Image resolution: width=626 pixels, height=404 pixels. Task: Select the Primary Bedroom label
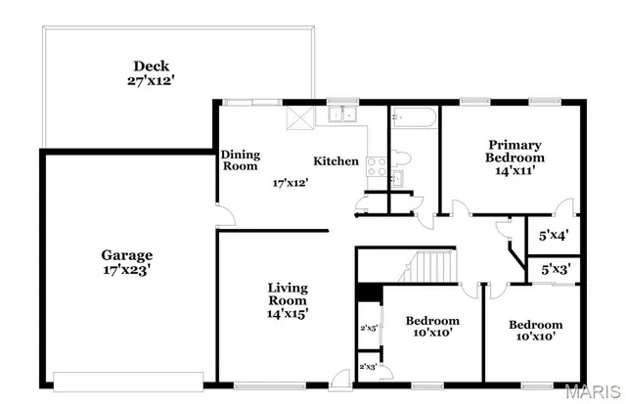point(514,157)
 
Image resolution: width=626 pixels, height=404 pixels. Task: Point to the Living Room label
point(289,300)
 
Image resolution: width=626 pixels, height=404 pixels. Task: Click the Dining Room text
point(240,160)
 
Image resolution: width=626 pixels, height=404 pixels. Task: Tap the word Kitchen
point(335,161)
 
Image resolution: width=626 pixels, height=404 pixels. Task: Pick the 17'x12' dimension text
point(291,182)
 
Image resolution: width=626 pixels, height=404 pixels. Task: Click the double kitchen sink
point(342,115)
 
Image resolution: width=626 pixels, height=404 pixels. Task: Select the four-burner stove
point(376,168)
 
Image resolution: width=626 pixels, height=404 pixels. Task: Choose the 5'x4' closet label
point(554,235)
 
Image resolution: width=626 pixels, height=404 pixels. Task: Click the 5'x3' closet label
point(554,267)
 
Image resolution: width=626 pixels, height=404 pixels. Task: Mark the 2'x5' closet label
point(369,328)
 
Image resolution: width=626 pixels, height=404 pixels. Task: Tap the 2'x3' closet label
point(369,367)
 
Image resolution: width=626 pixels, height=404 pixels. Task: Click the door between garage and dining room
point(224,214)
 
